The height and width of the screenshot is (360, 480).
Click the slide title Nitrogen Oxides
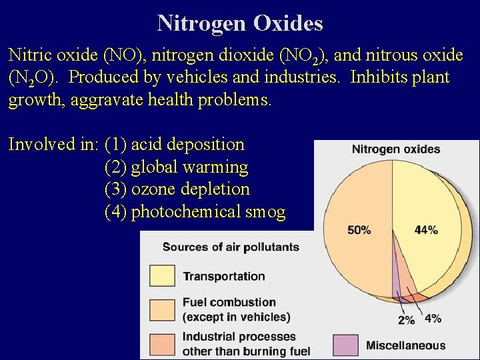pos(240,23)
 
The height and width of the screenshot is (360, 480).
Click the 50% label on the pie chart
pos(359,230)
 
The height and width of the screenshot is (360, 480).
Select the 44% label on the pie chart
pos(426,230)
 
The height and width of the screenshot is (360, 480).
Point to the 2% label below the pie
pos(406,320)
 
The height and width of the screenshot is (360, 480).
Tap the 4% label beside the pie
pos(433,318)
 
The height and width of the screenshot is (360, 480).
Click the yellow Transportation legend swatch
pos(162,275)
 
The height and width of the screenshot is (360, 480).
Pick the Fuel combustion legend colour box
pos(162,309)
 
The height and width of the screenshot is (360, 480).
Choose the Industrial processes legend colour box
pos(162,343)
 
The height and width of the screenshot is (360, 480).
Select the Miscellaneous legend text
pos(405,345)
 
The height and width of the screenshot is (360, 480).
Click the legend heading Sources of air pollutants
pos(231,247)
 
